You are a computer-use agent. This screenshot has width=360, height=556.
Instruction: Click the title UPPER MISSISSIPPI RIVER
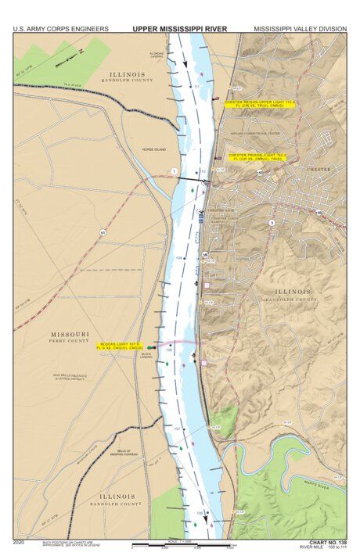click(179, 28)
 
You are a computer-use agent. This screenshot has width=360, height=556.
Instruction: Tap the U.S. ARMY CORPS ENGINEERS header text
click(61, 28)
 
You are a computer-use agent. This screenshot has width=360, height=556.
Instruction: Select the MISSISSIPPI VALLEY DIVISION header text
click(297, 28)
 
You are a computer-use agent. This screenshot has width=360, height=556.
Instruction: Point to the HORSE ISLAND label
click(144, 149)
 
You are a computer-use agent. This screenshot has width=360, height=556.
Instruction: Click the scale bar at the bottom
click(182, 544)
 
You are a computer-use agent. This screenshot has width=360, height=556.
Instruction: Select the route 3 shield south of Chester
click(272, 224)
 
